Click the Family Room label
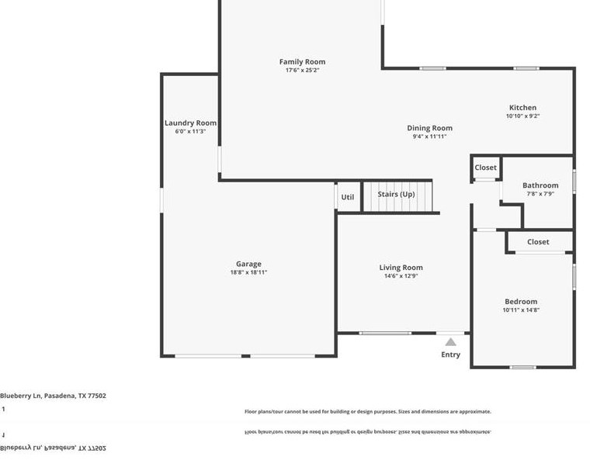[302, 62]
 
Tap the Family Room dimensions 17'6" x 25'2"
[302, 71]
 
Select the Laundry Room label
[190, 123]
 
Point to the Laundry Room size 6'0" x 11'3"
[190, 132]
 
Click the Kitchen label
[522, 108]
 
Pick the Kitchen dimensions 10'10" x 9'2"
[522, 116]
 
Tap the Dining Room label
[430, 128]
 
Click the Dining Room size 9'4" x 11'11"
[430, 137]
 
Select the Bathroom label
[540, 185]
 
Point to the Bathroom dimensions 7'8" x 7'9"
[540, 194]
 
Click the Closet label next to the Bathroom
[485, 168]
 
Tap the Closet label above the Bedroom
[538, 242]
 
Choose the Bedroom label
[520, 302]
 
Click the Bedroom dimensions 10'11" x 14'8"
[520, 310]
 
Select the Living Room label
[401, 268]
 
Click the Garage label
[248, 264]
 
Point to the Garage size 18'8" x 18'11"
[248, 273]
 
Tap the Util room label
[347, 197]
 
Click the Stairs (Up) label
[396, 194]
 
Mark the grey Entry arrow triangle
[450, 341]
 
